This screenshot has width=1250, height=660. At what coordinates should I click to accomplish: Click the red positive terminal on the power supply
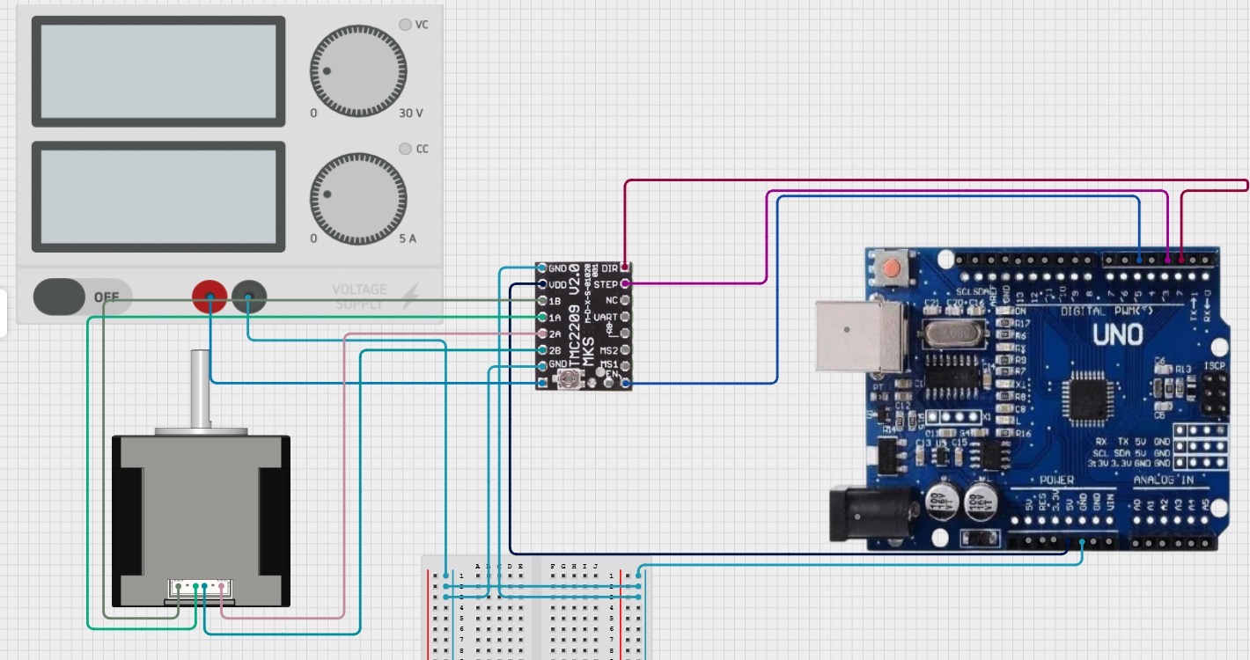(210, 297)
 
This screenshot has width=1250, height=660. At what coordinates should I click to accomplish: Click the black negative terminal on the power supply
(249, 297)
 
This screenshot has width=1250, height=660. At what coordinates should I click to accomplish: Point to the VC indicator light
(405, 25)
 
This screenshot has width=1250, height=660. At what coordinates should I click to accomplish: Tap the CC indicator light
(405, 149)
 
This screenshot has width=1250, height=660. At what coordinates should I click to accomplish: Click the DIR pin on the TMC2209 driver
(625, 268)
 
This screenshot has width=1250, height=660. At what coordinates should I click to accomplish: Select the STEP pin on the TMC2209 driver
(625, 284)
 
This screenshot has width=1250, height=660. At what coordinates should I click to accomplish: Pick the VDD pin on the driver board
(543, 284)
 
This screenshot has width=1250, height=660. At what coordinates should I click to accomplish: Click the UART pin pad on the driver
(625, 317)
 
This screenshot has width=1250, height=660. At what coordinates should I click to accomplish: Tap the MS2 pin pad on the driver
(625, 350)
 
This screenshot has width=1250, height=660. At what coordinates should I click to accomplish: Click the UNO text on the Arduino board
(1117, 335)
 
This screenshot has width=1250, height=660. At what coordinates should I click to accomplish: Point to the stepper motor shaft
(201, 387)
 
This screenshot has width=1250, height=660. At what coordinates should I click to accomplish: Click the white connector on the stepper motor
(200, 588)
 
